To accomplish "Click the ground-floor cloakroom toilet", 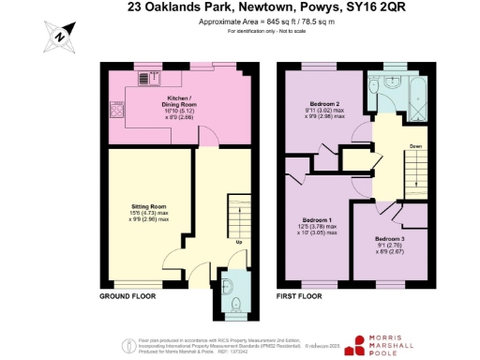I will pyautogui.click(x=235, y=302).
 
